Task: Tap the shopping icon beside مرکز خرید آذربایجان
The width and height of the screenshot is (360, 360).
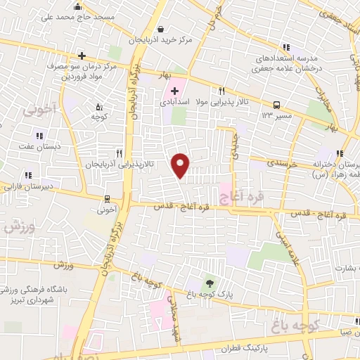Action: [x=163, y=30]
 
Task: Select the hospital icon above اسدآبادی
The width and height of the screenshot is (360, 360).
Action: [x=174, y=90]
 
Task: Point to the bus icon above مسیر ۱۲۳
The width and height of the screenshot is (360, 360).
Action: [x=276, y=103]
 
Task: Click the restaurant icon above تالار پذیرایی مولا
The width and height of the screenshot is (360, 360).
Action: [x=222, y=91]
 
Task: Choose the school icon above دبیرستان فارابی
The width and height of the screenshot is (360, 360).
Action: [x=28, y=175]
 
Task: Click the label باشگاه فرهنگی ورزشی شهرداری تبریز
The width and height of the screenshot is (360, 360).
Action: [x=39, y=296]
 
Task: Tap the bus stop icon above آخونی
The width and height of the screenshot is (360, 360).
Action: [x=107, y=199]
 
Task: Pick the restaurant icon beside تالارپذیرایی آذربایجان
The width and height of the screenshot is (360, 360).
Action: [x=120, y=153]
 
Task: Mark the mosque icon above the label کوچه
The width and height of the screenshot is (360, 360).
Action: [x=98, y=106]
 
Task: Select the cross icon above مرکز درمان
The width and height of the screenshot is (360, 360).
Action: [x=82, y=56]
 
